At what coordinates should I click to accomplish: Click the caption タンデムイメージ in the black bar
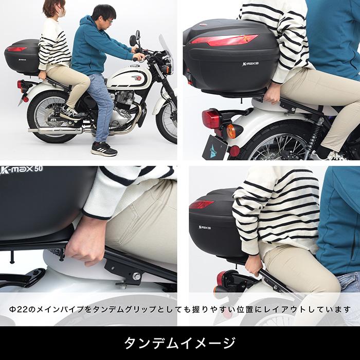point(180,343)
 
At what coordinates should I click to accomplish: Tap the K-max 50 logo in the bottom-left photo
point(22,170)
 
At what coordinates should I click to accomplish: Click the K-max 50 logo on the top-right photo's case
point(251,63)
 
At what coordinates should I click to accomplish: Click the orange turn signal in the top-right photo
point(232,131)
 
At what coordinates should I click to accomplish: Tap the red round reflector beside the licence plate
point(234,151)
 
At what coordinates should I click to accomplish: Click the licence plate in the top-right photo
point(214,148)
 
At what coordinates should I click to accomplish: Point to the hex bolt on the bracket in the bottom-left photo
point(137,276)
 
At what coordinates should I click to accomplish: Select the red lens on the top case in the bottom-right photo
point(201,204)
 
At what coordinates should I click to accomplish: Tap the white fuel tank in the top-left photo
point(129,78)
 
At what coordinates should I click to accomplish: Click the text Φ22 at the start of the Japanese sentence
point(19,310)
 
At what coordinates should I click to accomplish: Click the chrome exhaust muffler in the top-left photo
point(55,131)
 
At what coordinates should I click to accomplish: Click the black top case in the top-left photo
point(22,57)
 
